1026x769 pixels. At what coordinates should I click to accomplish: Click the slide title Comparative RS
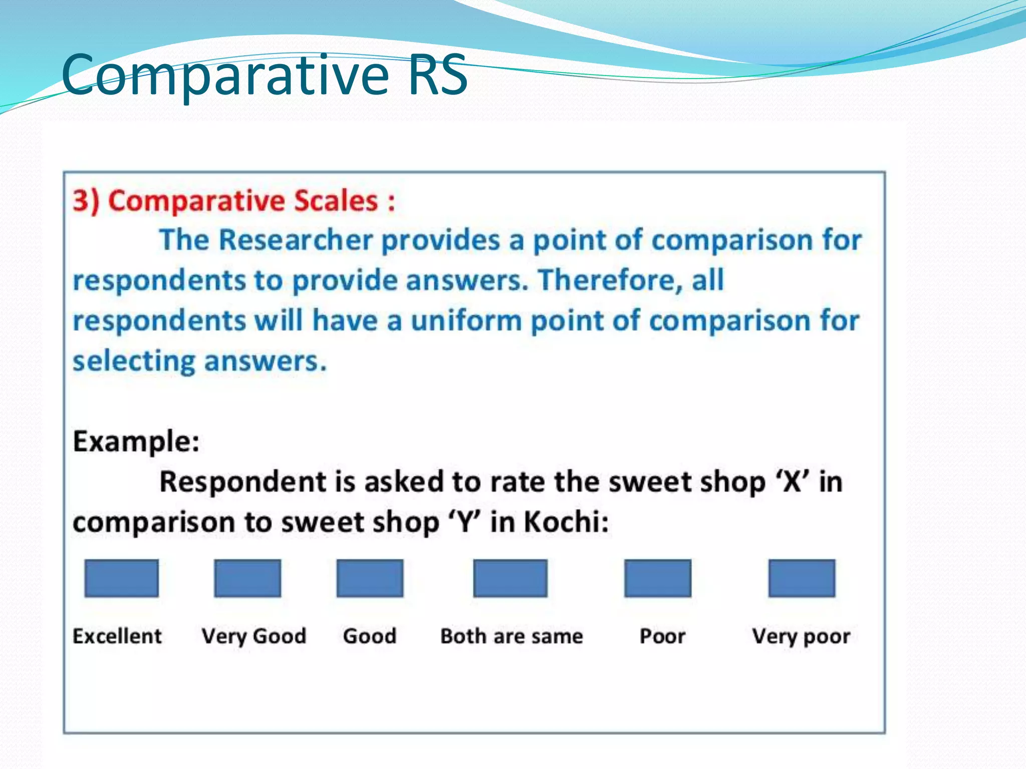click(x=264, y=75)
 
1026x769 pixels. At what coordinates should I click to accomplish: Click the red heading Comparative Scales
click(x=233, y=201)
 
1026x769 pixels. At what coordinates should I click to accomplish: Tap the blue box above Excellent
click(x=121, y=578)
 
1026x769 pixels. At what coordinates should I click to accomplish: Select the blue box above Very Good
click(x=247, y=578)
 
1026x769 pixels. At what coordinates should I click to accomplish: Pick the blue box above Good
click(x=370, y=578)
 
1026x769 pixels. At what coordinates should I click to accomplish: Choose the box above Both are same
click(x=510, y=578)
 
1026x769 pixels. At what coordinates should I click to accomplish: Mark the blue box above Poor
click(x=658, y=578)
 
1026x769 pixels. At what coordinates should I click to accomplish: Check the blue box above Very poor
click(x=802, y=578)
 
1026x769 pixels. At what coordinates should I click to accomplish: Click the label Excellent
click(x=117, y=636)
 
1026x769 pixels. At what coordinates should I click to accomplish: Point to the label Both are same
click(x=511, y=636)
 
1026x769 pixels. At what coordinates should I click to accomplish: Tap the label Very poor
click(x=801, y=637)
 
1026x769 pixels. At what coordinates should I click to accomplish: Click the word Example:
click(x=136, y=442)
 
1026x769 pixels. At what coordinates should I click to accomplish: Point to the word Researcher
click(x=296, y=240)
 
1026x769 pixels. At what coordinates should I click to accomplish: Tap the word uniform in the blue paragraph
click(x=466, y=320)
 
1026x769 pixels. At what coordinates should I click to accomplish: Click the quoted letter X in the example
click(x=792, y=482)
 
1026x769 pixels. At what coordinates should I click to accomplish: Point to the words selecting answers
click(x=199, y=361)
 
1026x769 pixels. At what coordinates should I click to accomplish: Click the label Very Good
click(x=253, y=636)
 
